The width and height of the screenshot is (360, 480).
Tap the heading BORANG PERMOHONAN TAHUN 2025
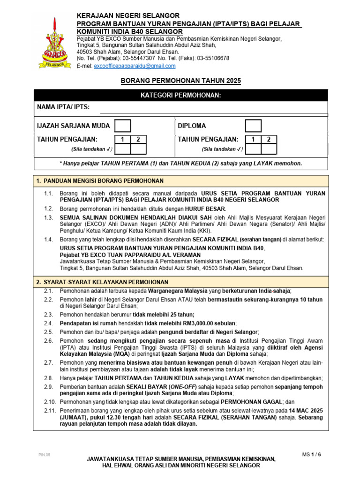(x=181, y=81)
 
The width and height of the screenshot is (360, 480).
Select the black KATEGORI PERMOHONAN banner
(x=181, y=96)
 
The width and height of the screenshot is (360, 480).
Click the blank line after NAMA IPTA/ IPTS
(x=214, y=109)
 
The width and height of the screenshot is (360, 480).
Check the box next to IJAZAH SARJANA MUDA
(x=123, y=126)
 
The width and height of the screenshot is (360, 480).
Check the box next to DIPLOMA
(x=254, y=126)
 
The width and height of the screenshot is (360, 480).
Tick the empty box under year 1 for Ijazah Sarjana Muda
(x=123, y=149)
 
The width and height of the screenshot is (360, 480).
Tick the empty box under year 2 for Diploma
(x=269, y=149)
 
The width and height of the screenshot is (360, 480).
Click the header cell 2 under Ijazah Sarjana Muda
(x=138, y=139)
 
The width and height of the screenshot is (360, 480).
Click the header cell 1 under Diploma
(x=254, y=139)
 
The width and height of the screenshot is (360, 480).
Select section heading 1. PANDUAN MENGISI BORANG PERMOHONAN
(x=100, y=180)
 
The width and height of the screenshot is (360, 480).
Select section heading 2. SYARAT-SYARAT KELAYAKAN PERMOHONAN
(x=102, y=282)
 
